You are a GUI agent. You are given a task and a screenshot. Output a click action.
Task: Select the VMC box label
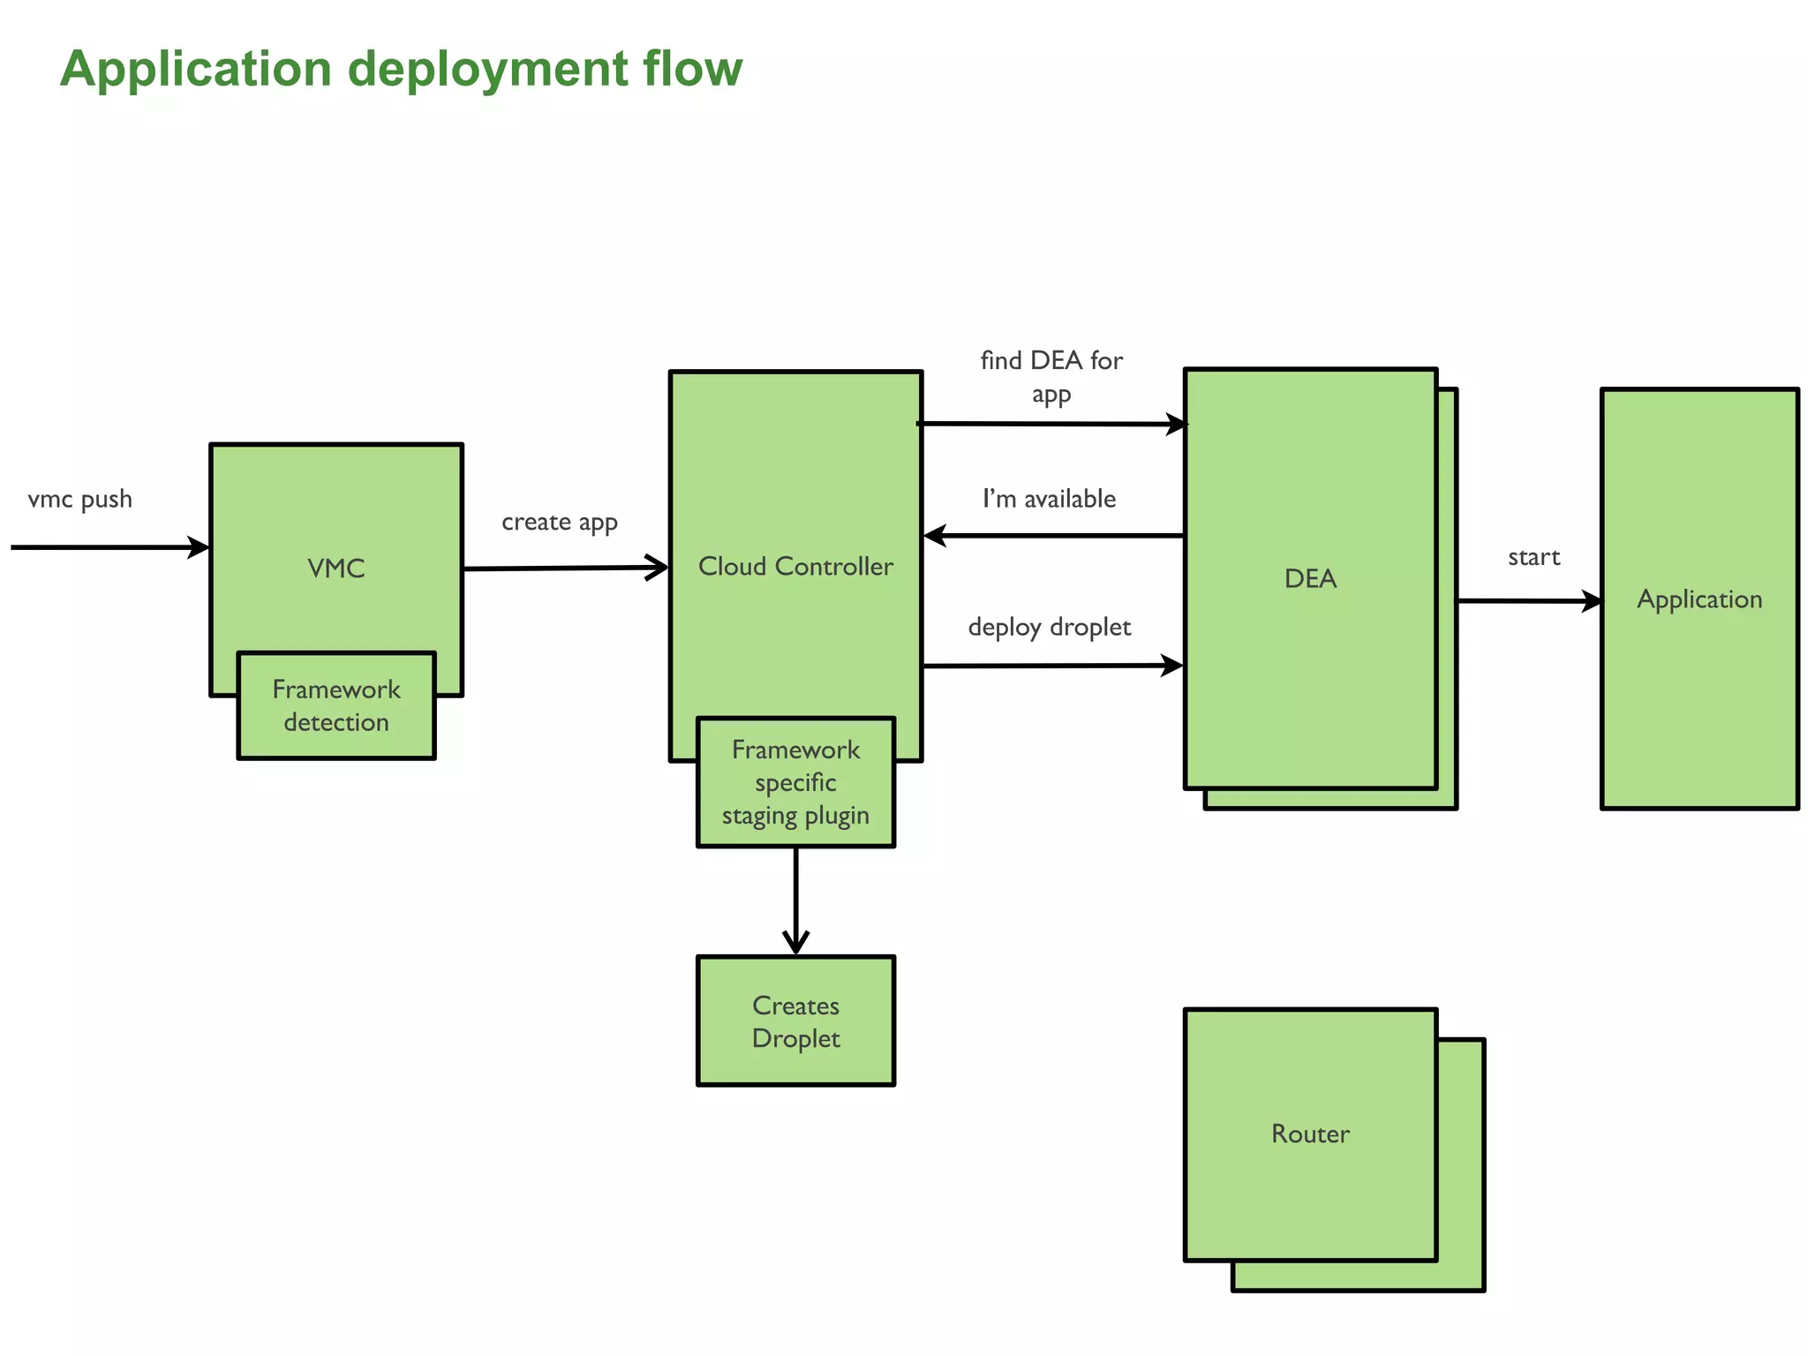(336, 569)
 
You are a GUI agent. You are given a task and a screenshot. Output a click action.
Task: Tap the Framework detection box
(336, 705)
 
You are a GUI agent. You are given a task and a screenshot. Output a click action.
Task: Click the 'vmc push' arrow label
(80, 500)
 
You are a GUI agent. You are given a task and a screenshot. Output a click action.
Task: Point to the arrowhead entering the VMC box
(200, 547)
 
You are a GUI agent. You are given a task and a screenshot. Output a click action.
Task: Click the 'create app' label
(560, 523)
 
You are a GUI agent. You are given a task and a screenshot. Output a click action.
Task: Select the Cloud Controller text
(795, 567)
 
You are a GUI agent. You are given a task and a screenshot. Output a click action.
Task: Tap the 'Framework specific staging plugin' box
(795, 783)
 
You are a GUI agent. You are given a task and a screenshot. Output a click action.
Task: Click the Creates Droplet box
(795, 1021)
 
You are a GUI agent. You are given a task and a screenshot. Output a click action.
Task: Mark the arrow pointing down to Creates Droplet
(795, 900)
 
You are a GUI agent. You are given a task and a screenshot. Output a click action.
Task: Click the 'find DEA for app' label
(1051, 377)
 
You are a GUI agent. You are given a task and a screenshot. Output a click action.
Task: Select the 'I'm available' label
(1050, 500)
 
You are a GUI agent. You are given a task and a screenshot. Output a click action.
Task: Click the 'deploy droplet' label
(1050, 628)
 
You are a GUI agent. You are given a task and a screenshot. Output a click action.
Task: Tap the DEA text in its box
(1310, 579)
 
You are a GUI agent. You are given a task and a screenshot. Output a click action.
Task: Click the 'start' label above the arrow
(1534, 558)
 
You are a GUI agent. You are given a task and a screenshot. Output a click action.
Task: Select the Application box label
(1699, 599)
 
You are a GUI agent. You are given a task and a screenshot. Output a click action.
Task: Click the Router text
(1310, 1134)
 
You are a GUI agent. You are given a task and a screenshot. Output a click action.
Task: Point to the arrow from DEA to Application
(1527, 601)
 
